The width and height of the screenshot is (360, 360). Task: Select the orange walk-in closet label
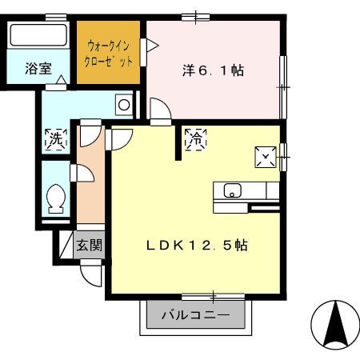109,55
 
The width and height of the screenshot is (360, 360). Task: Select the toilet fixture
57,197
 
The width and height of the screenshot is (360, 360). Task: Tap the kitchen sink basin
232,191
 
